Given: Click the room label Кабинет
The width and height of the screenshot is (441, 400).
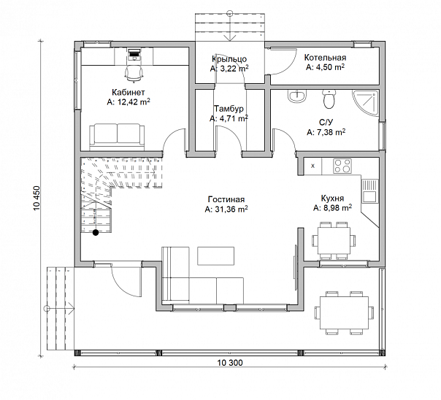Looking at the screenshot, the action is (129, 92).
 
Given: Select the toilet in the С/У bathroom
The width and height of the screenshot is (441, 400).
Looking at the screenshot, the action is (329, 99).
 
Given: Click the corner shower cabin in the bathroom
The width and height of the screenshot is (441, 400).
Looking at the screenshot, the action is (365, 103).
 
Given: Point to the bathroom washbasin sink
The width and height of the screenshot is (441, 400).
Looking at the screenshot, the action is (296, 96).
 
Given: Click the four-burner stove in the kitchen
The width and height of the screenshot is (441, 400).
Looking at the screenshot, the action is (342, 166).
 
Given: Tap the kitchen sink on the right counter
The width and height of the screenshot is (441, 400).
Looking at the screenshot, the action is (369, 191).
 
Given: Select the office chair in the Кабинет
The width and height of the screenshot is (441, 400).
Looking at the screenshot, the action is (134, 74).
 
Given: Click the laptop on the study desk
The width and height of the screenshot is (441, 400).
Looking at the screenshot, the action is (134, 54).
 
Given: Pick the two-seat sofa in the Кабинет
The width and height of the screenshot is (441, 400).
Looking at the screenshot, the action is (117, 137).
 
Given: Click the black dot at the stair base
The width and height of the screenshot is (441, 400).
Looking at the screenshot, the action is (96, 232).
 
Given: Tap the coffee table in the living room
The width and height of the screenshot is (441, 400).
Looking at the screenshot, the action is (215, 255).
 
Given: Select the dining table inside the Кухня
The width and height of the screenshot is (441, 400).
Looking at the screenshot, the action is (334, 241).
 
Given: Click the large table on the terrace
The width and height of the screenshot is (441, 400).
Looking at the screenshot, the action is (344, 313).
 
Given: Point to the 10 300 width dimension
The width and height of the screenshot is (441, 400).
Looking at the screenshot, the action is (230, 363).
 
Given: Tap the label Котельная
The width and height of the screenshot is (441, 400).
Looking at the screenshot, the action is (325, 58).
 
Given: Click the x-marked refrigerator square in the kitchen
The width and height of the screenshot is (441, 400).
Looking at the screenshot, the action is (313, 166).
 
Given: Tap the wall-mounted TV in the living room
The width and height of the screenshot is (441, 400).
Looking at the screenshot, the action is (296, 267).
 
